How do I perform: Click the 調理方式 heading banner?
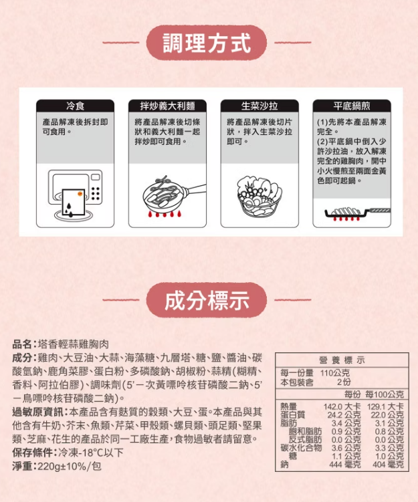(207, 43)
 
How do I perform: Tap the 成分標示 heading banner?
(207, 300)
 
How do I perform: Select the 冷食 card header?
(76, 106)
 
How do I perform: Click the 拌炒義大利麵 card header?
(167, 106)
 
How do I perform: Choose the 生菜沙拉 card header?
(259, 106)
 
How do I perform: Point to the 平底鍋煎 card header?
(352, 106)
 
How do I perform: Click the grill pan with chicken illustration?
(357, 213)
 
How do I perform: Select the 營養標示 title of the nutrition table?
(342, 360)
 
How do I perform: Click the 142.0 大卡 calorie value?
(342, 406)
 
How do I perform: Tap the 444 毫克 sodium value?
(345, 464)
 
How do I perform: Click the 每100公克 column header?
(385, 394)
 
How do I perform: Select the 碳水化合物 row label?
(301, 448)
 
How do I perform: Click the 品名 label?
(22, 344)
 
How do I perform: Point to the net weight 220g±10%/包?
(70, 466)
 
